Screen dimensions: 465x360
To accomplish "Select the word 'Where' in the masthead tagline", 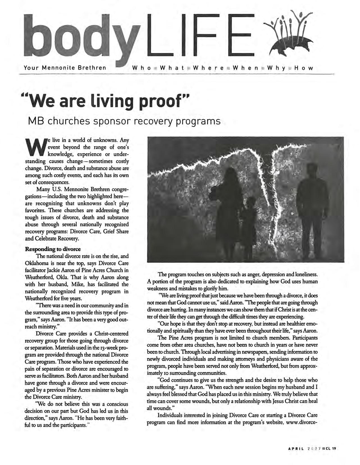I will click(208, 68).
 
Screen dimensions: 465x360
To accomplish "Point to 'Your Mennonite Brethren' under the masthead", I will click(65, 68).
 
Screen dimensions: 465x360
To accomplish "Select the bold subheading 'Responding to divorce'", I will click(53, 249).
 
